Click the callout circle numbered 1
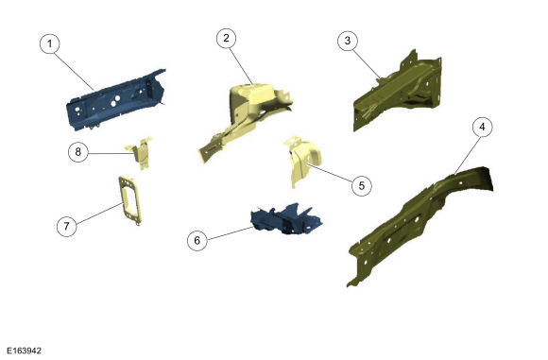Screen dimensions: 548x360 coord(50,43)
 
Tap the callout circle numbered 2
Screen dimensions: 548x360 coord(226,38)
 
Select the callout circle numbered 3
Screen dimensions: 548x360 coord(348,41)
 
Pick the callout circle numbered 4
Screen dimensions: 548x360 coord(482,127)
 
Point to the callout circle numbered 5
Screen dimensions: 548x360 coord(361,185)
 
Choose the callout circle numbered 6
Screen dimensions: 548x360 coord(197,240)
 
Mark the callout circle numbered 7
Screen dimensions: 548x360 coord(67,226)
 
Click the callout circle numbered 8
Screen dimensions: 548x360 coord(77,152)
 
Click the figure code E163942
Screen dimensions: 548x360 coord(25,351)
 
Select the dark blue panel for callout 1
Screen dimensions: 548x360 coord(115,101)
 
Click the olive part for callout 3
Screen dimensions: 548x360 coord(399,91)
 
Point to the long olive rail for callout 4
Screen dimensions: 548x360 coord(420,224)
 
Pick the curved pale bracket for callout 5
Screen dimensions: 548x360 coord(303,161)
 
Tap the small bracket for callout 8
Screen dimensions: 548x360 coord(143,154)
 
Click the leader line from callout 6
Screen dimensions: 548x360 coord(231,233)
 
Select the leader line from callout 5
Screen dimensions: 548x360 coord(330,173)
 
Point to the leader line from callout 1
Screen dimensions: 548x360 coord(75,71)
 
